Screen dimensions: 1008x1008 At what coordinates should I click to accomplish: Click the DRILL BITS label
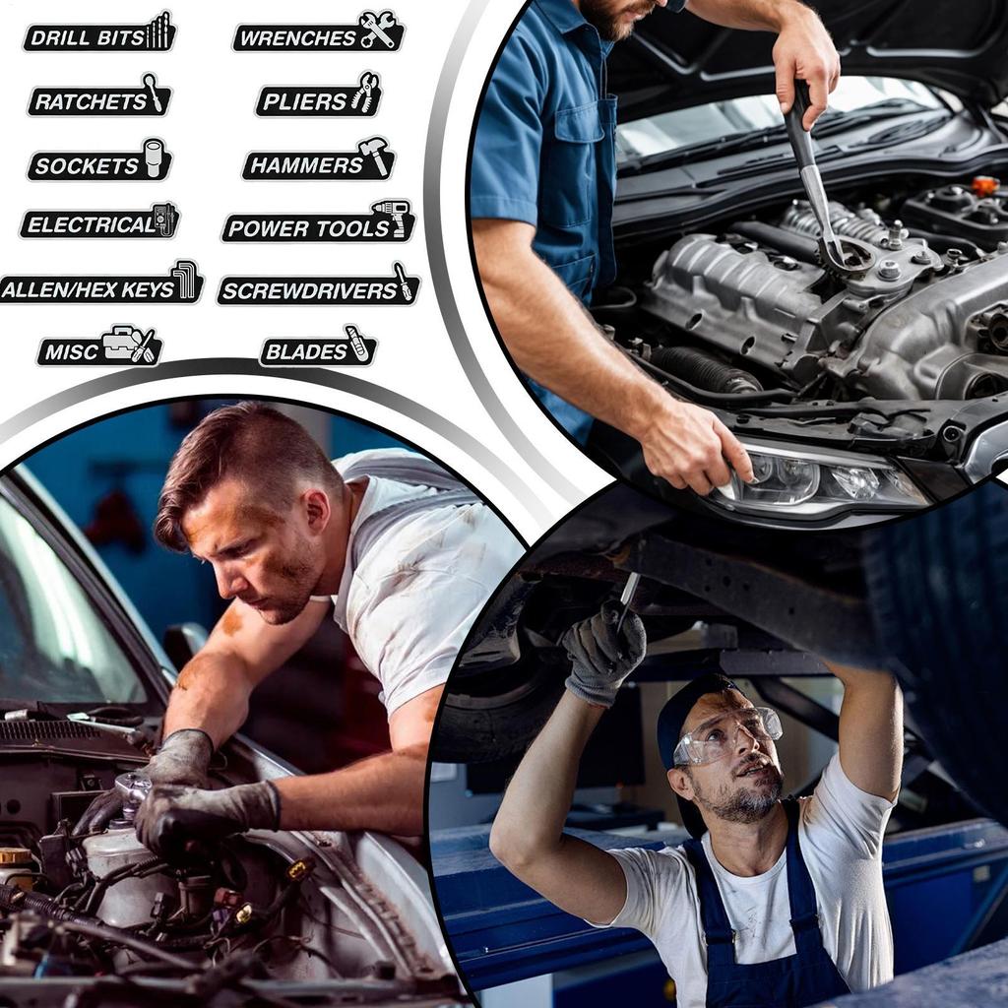(x=99, y=32)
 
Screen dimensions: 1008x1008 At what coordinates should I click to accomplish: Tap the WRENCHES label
(x=319, y=32)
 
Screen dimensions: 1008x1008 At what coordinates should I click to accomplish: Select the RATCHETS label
(x=99, y=96)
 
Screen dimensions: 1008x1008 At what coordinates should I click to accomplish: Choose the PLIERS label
(x=319, y=96)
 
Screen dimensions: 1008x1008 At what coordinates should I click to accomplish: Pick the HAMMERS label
(x=319, y=159)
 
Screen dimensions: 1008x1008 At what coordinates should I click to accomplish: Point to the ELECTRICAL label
(x=100, y=221)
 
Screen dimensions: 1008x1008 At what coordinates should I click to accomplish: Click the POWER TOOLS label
(x=319, y=222)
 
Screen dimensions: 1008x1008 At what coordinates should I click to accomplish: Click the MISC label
(x=99, y=347)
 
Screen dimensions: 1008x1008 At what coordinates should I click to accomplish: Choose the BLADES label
(x=318, y=347)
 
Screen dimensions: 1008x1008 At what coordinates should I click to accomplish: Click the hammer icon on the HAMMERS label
(x=375, y=155)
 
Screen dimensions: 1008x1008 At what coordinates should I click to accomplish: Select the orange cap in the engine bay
(x=984, y=186)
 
